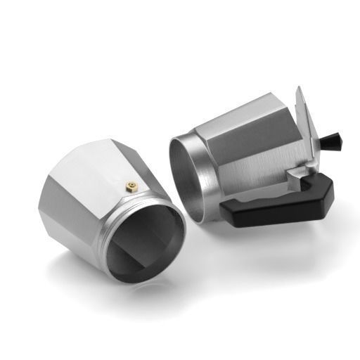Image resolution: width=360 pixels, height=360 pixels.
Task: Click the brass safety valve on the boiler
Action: pyautogui.click(x=130, y=186)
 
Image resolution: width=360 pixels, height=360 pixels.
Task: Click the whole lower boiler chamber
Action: pyautogui.click(x=105, y=211)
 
